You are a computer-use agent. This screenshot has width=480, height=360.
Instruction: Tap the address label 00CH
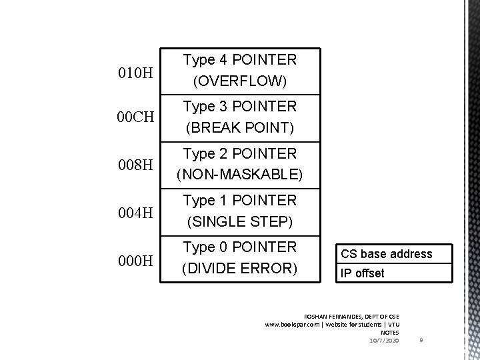click(135, 118)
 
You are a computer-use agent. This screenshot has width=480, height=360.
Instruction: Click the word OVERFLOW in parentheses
click(239, 82)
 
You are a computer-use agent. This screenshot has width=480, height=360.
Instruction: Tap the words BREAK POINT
click(239, 128)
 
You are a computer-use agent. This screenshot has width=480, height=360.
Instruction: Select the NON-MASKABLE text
click(239, 175)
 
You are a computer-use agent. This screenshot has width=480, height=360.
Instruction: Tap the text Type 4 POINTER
click(239, 60)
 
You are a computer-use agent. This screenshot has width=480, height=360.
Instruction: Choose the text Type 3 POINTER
click(239, 106)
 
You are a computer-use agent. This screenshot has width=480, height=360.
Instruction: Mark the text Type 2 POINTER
click(239, 153)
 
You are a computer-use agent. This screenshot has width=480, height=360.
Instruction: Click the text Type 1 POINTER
click(239, 201)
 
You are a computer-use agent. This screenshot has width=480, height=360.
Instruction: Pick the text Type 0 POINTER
click(239, 247)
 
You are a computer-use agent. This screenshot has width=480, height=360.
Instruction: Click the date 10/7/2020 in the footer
click(384, 341)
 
